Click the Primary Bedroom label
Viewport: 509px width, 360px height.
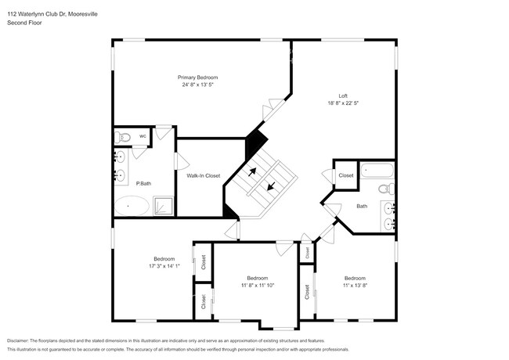tap(197, 77)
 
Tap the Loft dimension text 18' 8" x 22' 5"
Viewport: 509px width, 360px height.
tap(343, 103)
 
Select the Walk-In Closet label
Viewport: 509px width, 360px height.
tap(204, 176)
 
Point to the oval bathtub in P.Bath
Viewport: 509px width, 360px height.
tap(132, 206)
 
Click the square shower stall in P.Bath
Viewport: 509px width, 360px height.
tap(163, 206)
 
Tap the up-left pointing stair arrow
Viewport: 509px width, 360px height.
tap(252, 171)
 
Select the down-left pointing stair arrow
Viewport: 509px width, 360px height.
tap(272, 186)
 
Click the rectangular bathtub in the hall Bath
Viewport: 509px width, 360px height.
tap(377, 171)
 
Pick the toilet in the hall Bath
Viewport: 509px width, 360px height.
tap(387, 189)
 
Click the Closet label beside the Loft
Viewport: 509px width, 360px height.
tap(345, 175)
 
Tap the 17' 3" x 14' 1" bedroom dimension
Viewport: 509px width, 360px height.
tap(164, 266)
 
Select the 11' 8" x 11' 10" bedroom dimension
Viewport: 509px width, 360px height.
tap(258, 286)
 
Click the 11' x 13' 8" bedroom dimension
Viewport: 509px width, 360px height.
tap(355, 286)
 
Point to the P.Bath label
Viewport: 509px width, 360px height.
tap(143, 184)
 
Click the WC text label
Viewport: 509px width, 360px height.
tap(143, 136)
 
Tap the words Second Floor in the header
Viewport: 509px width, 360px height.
tap(25, 23)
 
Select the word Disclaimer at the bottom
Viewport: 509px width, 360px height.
tap(18, 341)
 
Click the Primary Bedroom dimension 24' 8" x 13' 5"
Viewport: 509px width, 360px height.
tap(197, 85)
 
